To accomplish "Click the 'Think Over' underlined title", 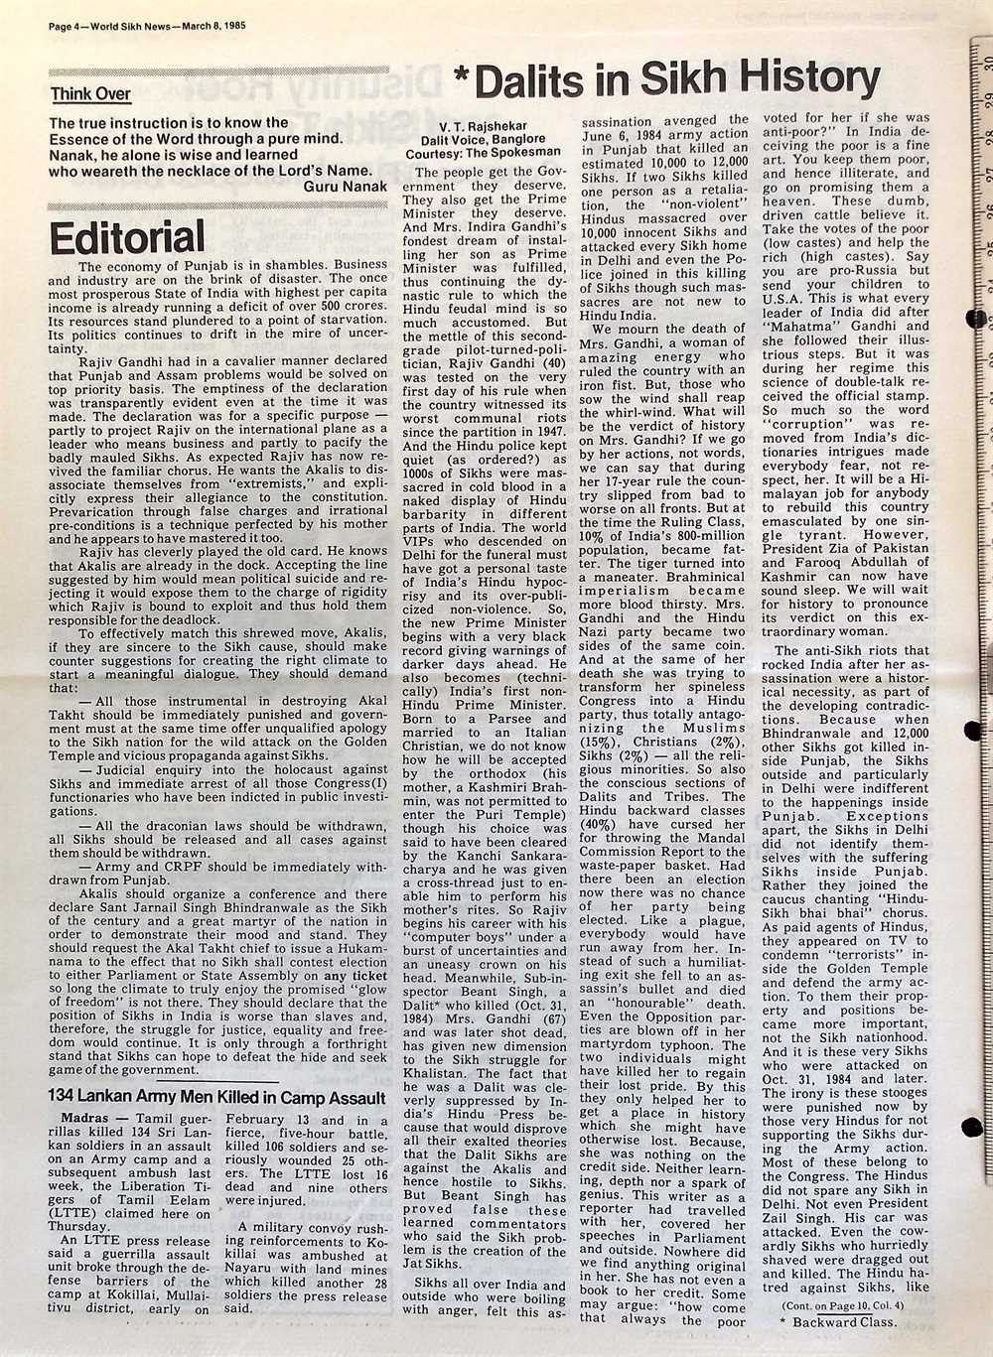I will point(91,94).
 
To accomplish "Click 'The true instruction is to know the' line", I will point(169,123).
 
